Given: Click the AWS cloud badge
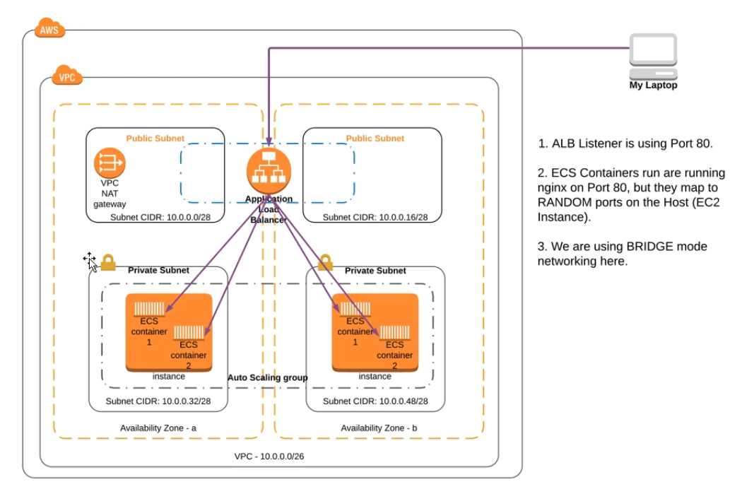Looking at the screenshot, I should [49, 30].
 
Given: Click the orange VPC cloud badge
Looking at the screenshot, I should [67, 76].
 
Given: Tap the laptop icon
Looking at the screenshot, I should [653, 56].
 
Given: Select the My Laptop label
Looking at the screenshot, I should [653, 86].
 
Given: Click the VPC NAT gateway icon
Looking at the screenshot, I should [110, 164].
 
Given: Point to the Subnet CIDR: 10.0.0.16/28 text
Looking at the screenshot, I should [375, 217].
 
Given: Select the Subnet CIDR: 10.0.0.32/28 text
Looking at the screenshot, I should [158, 401].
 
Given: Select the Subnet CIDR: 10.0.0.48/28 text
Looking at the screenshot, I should [375, 401].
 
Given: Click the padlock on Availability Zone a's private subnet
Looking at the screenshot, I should [108, 263].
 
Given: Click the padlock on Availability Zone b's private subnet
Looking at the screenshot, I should [324, 263].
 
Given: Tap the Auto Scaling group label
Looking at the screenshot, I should [267, 378].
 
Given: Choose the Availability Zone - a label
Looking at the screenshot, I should [158, 428].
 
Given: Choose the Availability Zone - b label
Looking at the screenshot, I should [379, 428].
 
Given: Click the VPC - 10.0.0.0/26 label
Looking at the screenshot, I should [269, 457].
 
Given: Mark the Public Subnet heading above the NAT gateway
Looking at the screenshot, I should [155, 139].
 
